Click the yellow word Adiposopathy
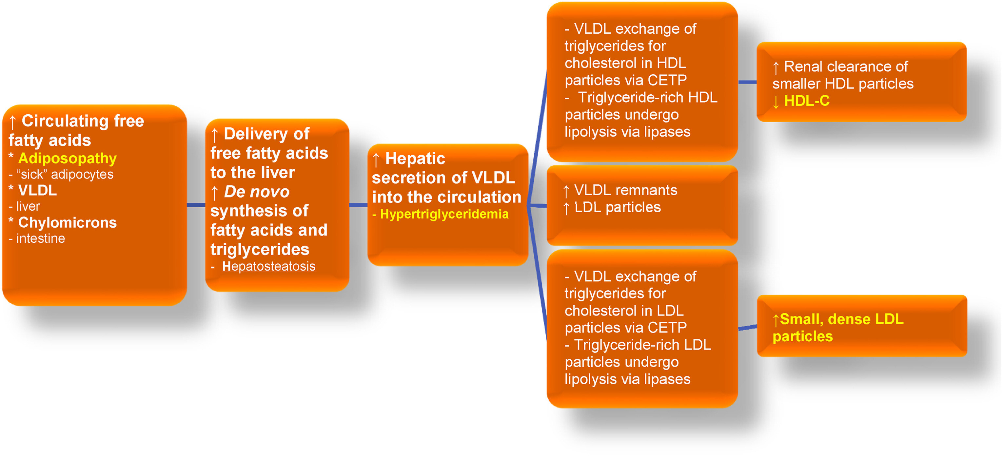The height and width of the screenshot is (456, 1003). [x=68, y=158]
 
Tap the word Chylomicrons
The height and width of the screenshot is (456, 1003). [x=68, y=222]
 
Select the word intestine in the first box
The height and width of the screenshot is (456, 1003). [x=41, y=238]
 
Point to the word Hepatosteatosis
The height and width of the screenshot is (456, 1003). [x=268, y=267]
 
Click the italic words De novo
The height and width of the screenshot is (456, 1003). [x=257, y=192]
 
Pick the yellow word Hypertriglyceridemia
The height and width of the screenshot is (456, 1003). [x=444, y=214]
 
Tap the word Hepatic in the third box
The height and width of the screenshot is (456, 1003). [x=415, y=159]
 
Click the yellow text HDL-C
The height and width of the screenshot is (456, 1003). [x=806, y=101]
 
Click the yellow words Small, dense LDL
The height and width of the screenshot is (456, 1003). [x=841, y=319]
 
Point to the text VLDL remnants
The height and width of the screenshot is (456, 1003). [x=625, y=190]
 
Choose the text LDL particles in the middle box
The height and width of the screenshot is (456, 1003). [x=618, y=207]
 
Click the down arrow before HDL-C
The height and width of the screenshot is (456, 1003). [x=776, y=102]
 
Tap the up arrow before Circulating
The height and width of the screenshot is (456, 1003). [x=12, y=122]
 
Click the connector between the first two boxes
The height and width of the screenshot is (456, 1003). [x=196, y=205]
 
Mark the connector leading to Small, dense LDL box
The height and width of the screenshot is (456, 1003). [x=747, y=328]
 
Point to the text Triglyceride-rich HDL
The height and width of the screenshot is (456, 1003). [x=647, y=98]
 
